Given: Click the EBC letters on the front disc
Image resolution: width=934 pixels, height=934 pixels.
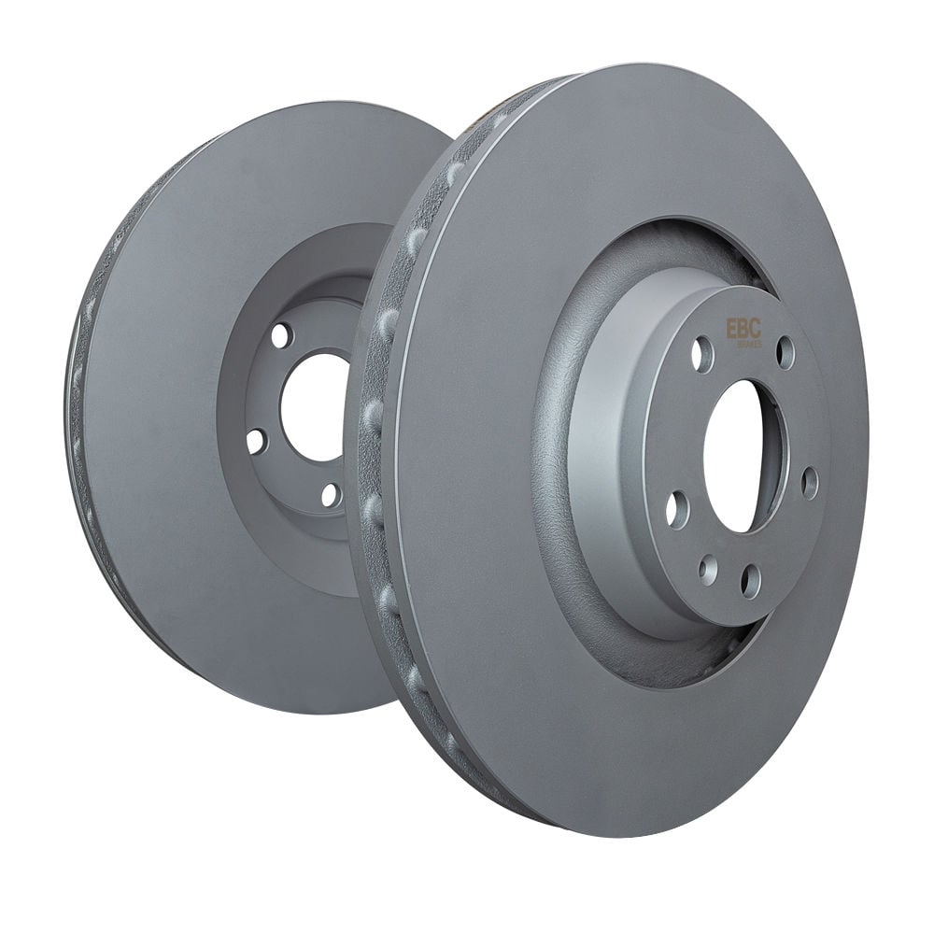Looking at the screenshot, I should point(743,329).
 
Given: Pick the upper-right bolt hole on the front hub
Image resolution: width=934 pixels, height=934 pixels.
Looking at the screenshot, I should point(785,352).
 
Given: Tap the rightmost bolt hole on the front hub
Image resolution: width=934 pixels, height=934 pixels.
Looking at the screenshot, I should point(810,483).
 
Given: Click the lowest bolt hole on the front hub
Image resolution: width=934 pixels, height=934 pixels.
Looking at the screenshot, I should point(751,581).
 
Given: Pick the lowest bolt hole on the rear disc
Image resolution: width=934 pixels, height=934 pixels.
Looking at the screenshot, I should point(330,494).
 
